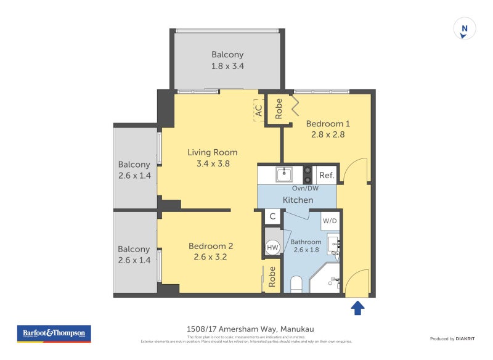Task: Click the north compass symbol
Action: pos(465,28)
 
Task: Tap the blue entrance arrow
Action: pos(358,307)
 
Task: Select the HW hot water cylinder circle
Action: pos(272,248)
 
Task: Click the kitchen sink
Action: pos(284,174)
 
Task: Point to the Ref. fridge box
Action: pos(327,175)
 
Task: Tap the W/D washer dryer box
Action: pos(330,220)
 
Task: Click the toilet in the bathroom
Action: pos(295,284)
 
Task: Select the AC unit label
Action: pos(259,110)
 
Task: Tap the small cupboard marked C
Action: pos(272,217)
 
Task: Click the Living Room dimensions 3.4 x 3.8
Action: pos(212,164)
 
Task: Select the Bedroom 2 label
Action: pos(211,246)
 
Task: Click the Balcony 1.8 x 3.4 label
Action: pos(228,60)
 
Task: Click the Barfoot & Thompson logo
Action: pos(54,333)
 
